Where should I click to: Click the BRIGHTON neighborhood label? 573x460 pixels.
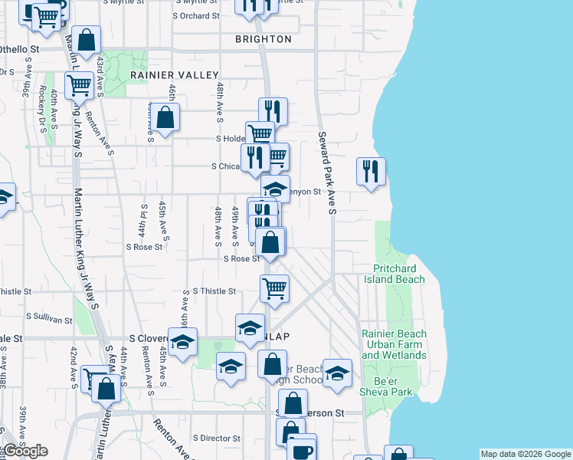tap(263, 39)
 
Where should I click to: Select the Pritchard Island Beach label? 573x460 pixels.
tap(398, 274)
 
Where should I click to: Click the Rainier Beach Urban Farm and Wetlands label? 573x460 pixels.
tap(395, 344)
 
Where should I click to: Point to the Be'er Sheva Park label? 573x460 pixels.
tap(395, 386)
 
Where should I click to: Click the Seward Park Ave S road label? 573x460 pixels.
tap(326, 172)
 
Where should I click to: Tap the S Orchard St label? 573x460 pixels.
tap(196, 15)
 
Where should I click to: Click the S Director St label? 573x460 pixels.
tap(217, 439)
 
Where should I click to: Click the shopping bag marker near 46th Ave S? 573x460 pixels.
tap(165, 117)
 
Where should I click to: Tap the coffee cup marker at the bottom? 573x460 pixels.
tap(301, 449)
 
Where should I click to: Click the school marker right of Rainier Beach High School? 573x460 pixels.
tap(337, 373)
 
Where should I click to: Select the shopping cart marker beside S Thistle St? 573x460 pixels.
tap(274, 288)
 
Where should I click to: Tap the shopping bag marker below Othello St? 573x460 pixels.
tap(88, 41)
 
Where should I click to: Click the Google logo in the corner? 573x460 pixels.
tap(25, 451)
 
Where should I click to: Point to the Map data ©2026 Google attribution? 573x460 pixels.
tap(525, 454)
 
